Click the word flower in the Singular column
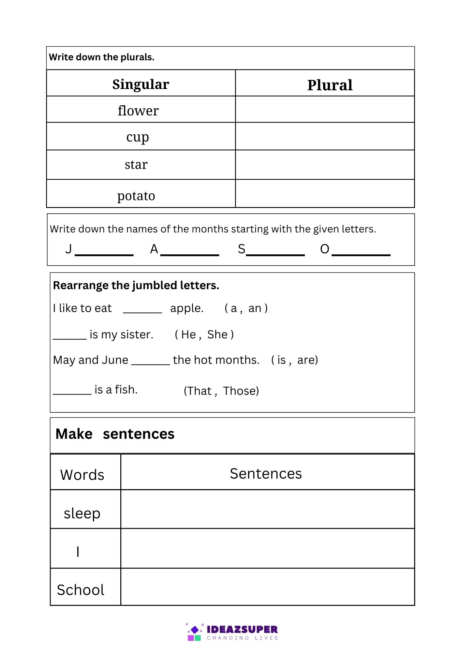click(138, 111)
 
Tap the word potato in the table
click(136, 196)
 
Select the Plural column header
click(330, 85)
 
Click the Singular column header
click(141, 84)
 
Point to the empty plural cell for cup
click(325, 136)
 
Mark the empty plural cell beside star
click(325, 165)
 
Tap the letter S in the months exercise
click(241, 249)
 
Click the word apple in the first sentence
click(186, 308)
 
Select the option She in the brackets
click(217, 334)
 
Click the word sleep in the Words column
click(82, 513)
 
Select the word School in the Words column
click(81, 590)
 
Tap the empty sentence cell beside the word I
click(267, 548)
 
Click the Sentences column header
click(266, 474)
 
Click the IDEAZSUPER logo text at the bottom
click(242, 629)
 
